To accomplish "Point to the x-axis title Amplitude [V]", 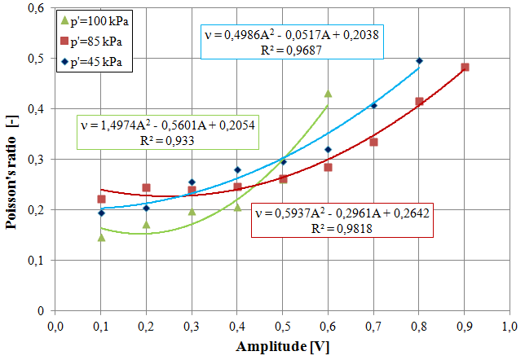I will click(x=282, y=346).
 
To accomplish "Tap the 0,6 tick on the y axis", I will click(x=35, y=7).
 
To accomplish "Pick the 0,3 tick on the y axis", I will click(x=35, y=159).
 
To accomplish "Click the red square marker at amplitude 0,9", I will click(x=465, y=68).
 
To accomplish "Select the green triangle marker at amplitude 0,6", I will click(x=329, y=94).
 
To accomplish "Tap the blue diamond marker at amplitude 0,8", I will click(x=420, y=60).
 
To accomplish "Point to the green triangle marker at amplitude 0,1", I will click(x=101, y=237).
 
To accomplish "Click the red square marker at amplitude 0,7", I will click(x=374, y=142).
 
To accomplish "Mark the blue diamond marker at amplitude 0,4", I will click(x=237, y=169).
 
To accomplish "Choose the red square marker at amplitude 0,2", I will click(x=147, y=188).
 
